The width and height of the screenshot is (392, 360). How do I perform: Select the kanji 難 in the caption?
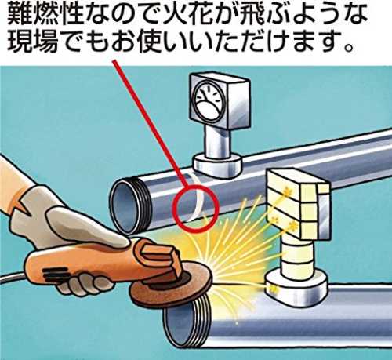click(x=19, y=14)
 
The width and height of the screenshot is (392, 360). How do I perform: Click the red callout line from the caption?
click(x=150, y=122)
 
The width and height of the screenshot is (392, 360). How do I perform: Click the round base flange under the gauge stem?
click(x=217, y=165)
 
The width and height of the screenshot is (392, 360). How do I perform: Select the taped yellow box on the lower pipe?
click(x=298, y=204)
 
